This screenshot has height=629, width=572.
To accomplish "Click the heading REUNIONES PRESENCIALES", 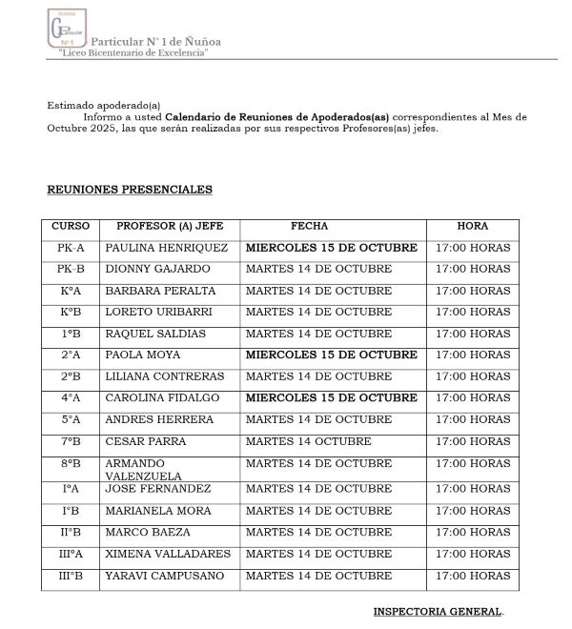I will point(130,190).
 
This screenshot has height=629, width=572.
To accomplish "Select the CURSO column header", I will point(70,227).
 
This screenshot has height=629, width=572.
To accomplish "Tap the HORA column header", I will point(473,227).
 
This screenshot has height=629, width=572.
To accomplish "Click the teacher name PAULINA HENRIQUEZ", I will point(167,248).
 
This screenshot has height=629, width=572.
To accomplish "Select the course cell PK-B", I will point(71,269).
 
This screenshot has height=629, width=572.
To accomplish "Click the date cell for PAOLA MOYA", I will point(331,355).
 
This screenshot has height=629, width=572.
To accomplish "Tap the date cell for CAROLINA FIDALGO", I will point(331,397).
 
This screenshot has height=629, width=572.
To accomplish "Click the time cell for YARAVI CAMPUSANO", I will point(473,576).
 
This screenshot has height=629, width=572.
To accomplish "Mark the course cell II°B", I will point(71,532).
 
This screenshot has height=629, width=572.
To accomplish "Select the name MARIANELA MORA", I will point(158,511).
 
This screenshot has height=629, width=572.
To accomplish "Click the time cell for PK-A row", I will point(473,248).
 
